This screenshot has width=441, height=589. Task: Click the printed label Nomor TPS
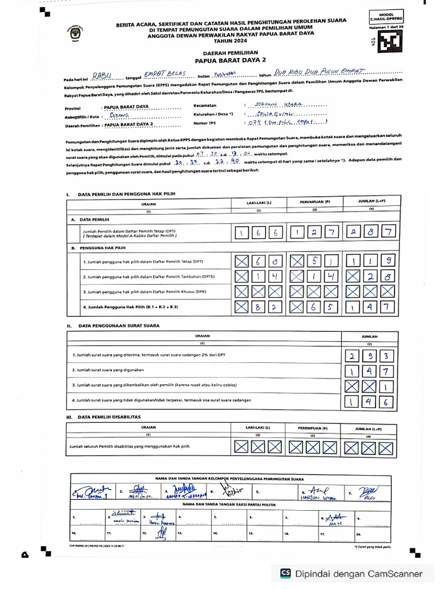pyautogui.click(x=204, y=123)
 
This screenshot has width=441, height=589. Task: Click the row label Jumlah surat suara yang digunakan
pyautogui.click(x=107, y=370)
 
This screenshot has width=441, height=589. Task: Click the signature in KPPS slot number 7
pyautogui.click(x=367, y=492)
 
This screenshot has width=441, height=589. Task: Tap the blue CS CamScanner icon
pyautogui.click(x=285, y=573)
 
